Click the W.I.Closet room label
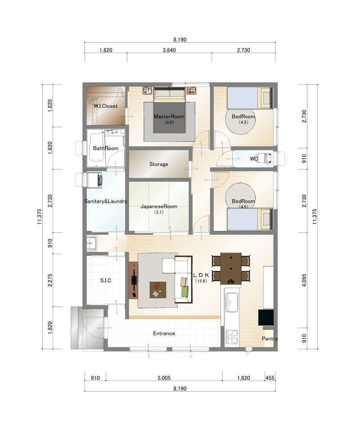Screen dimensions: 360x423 106,106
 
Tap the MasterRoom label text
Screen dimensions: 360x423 169,116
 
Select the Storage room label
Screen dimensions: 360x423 159,164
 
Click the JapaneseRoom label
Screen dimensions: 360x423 159,207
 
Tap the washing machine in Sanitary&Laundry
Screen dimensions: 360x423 94,180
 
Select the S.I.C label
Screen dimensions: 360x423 106,281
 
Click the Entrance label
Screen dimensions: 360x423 164,334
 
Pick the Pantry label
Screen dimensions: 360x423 270,338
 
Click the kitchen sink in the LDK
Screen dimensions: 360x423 232,302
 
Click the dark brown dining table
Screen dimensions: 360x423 231,268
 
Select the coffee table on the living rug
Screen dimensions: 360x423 158,290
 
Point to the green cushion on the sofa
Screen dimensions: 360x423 185,292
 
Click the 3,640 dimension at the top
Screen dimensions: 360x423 169,50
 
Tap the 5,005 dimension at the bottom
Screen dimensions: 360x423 164,378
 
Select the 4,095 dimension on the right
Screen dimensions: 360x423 304,281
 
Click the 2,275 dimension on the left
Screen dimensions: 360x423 49,281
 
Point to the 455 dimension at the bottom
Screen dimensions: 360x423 270,378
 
